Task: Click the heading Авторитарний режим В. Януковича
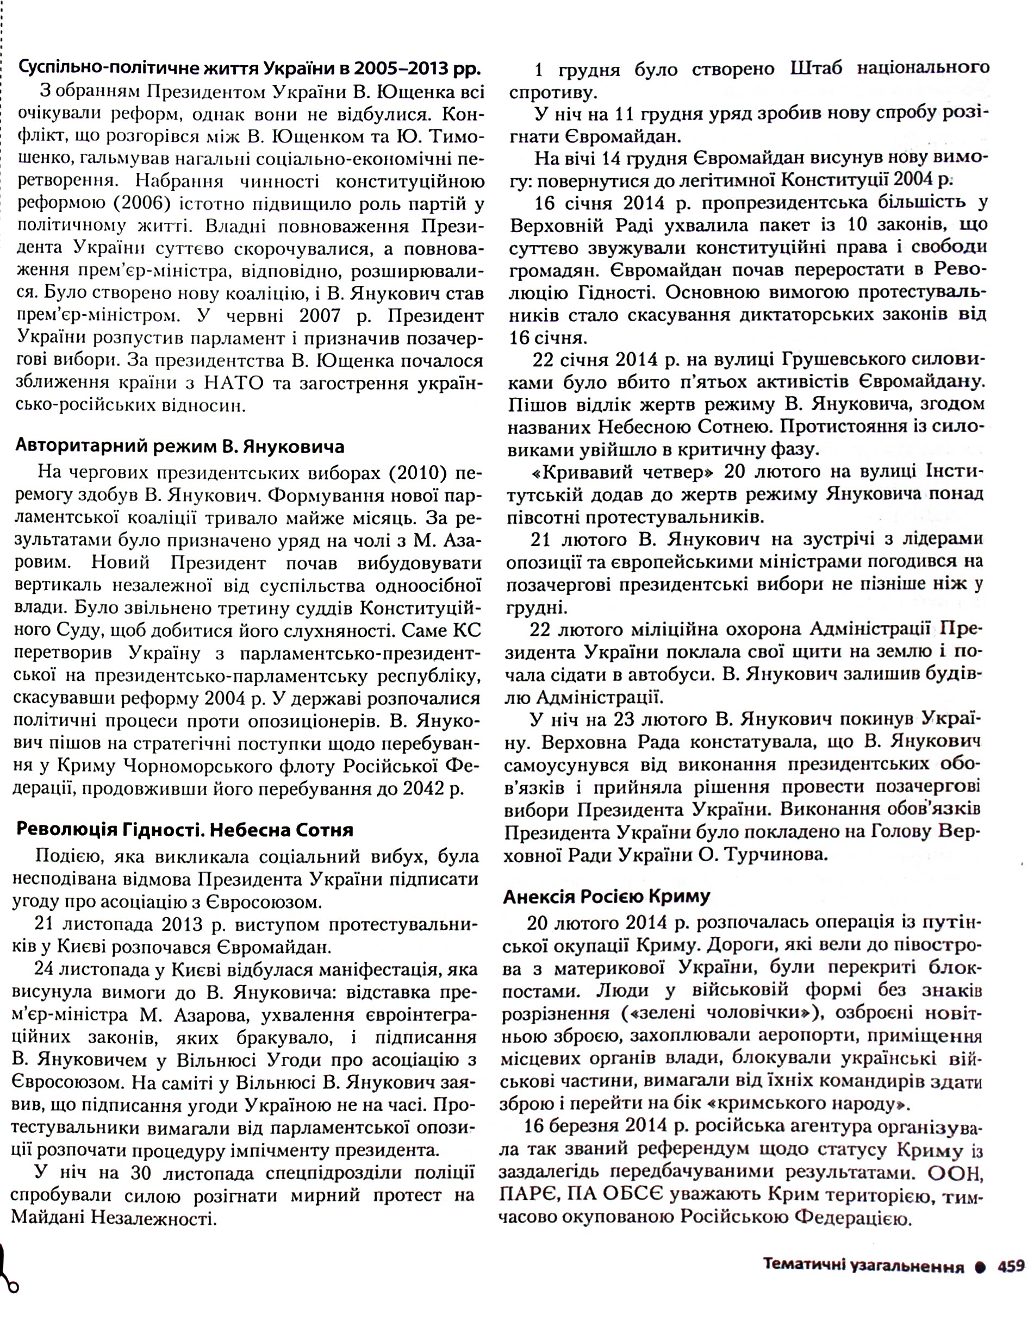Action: (x=179, y=447)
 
